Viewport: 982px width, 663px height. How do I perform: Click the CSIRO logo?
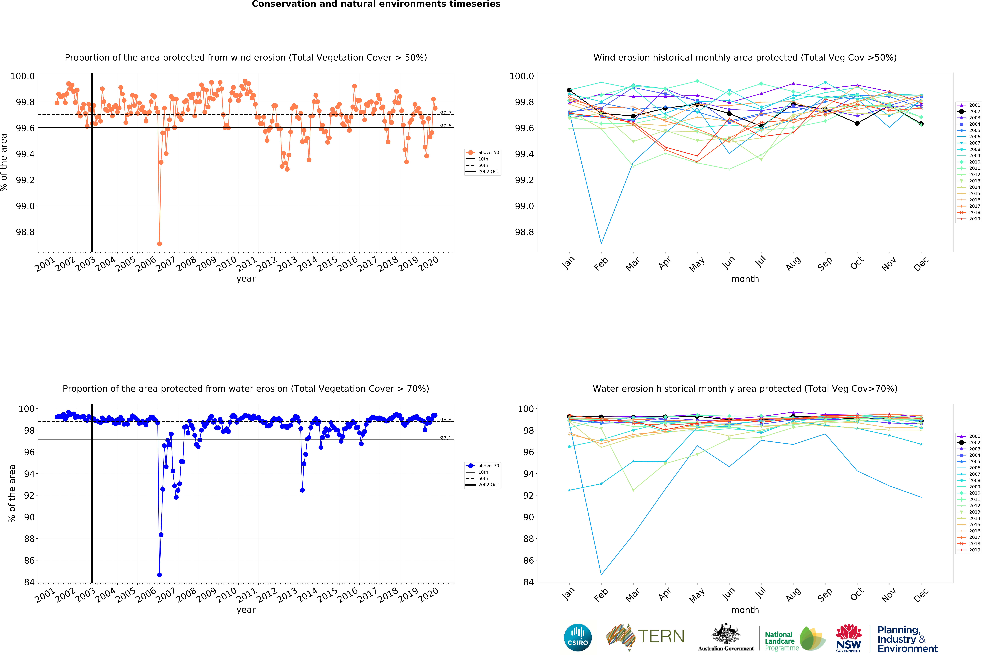coord(578,637)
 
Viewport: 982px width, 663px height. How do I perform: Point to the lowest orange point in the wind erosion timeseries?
coord(159,244)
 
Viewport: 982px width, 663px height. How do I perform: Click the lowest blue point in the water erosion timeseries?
coord(159,575)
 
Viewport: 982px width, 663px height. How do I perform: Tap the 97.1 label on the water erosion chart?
coord(445,438)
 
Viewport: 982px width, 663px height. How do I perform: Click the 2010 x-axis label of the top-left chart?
coord(226,264)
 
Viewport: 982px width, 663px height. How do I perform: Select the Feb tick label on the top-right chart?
coord(600,264)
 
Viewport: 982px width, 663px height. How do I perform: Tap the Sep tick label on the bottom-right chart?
coord(824,595)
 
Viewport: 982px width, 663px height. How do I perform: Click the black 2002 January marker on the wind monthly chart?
coord(569,90)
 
